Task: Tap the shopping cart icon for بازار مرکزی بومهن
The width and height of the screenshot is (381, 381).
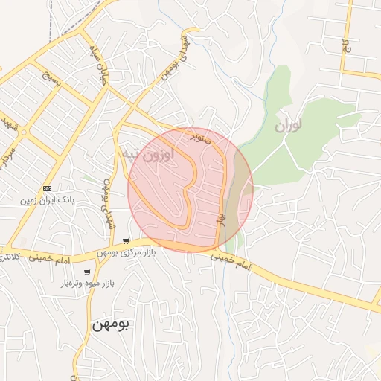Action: pyautogui.click(x=127, y=241)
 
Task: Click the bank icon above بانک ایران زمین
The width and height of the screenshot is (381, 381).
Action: pyautogui.click(x=48, y=188)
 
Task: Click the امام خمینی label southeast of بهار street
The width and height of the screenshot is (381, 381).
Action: pyautogui.click(x=231, y=260)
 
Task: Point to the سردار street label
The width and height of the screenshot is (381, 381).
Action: pyautogui.click(x=7, y=152)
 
